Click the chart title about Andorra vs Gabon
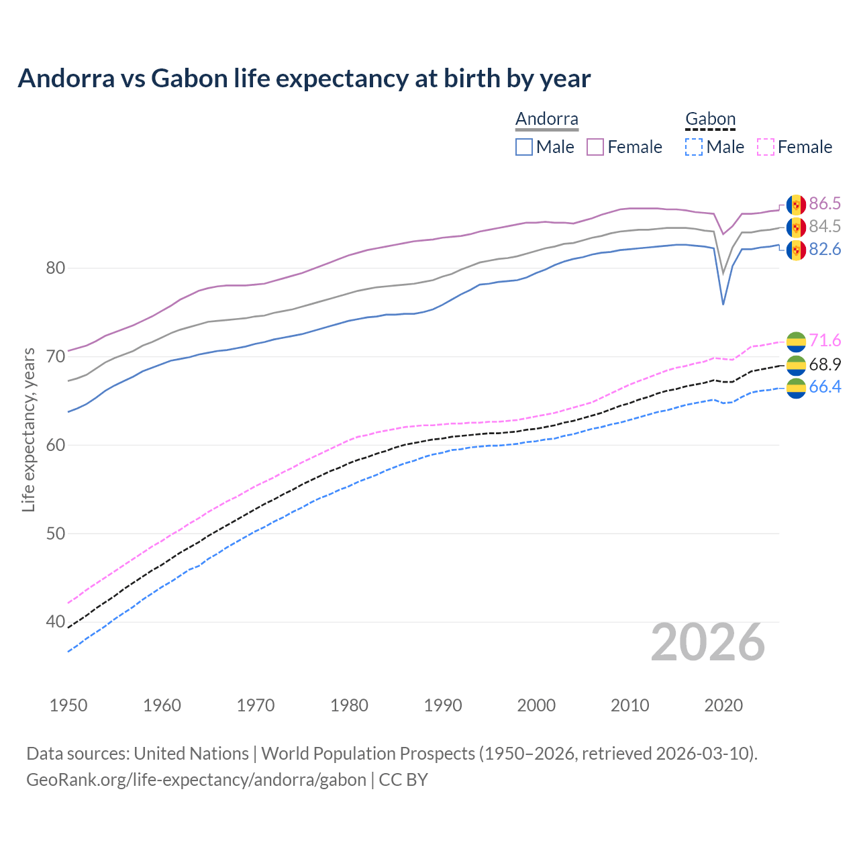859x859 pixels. click(x=304, y=79)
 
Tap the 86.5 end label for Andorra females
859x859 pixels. click(x=825, y=204)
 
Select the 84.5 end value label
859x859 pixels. click(x=825, y=227)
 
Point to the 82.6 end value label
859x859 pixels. click(x=825, y=250)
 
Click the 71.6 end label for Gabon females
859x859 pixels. click(x=825, y=341)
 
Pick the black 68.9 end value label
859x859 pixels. click(x=825, y=364)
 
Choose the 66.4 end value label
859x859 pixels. click(x=825, y=387)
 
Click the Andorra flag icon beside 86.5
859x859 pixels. click(x=796, y=205)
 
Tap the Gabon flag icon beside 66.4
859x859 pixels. click(x=796, y=388)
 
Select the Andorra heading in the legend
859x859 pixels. click(x=546, y=119)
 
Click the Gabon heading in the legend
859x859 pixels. click(x=710, y=119)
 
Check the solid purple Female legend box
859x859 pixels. click(x=595, y=147)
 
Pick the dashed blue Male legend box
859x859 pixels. click(x=694, y=147)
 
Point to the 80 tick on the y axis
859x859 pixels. click(x=56, y=268)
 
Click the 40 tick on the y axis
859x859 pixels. click(x=56, y=622)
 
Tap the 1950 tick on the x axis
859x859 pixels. click(x=68, y=705)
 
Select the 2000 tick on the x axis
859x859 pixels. click(x=536, y=705)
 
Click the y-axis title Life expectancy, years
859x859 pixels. click(x=28, y=429)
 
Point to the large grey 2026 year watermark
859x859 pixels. click(x=708, y=643)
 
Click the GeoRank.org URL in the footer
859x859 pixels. click(x=196, y=780)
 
